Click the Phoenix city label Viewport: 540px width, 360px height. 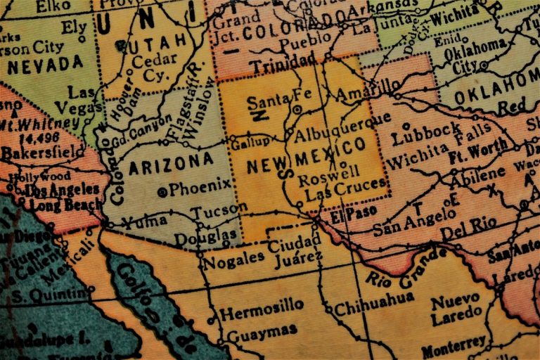pyautogui.click(x=200, y=188)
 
